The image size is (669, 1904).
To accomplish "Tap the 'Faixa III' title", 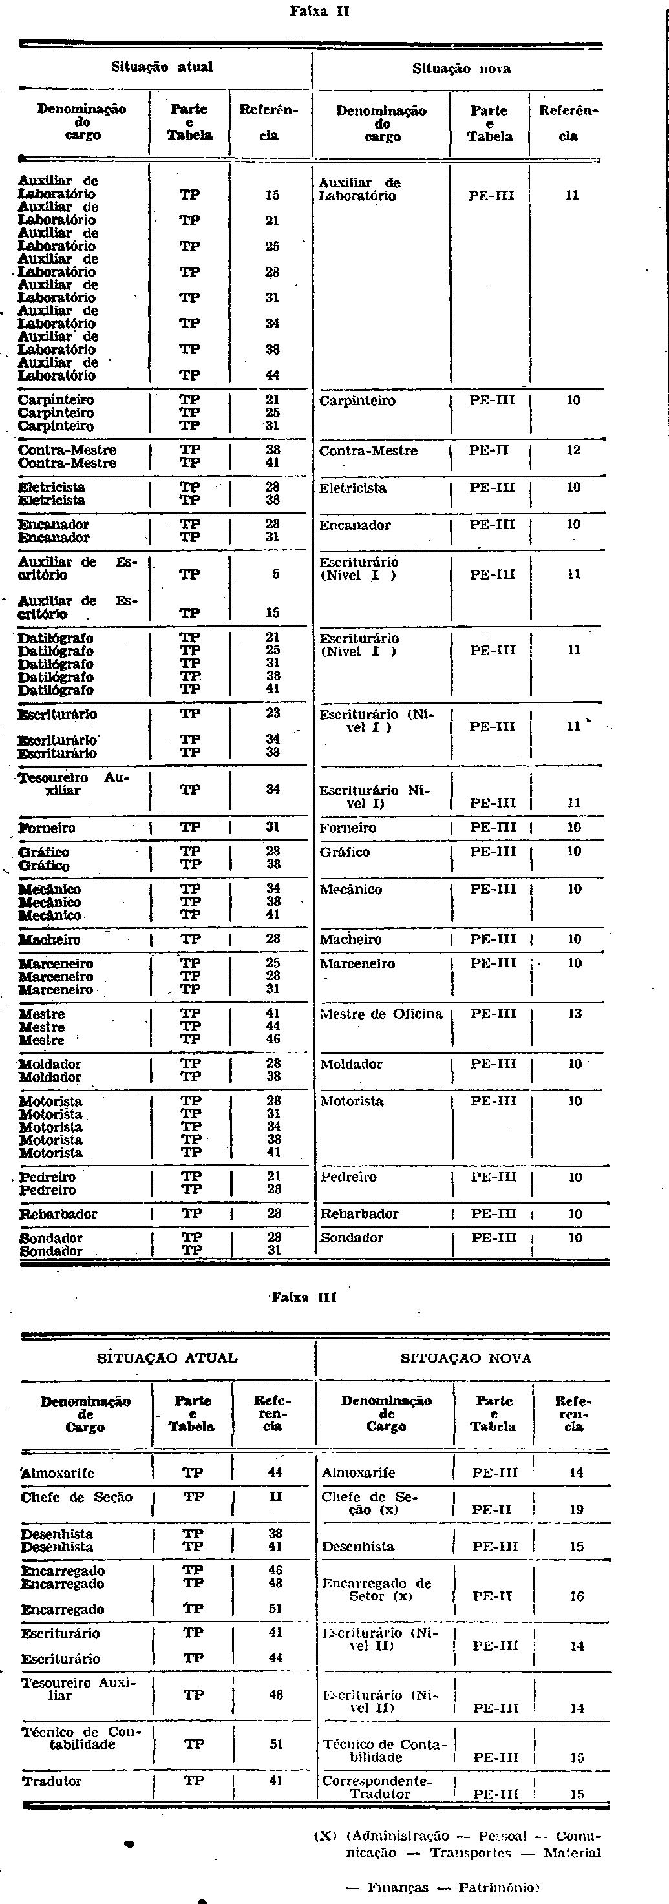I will [304, 1297].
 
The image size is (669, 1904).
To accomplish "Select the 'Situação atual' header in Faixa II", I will [162, 67].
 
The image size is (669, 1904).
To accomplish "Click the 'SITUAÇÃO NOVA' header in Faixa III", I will [465, 1359].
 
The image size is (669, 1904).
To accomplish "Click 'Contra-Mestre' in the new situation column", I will [368, 451].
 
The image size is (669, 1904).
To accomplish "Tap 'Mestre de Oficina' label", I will [381, 1014].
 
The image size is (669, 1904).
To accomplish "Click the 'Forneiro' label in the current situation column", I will [47, 828].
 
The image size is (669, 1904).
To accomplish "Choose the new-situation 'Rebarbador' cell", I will [359, 1213].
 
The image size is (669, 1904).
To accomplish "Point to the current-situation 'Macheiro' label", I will [50, 939].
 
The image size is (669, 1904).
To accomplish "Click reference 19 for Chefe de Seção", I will [577, 1510].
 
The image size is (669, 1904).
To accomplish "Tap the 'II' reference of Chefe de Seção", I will [275, 1497].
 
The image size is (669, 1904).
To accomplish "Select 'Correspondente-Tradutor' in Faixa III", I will [377, 1787].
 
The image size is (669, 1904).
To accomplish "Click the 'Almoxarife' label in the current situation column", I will [58, 1473].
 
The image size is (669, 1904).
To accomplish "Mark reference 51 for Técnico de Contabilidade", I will [276, 1744].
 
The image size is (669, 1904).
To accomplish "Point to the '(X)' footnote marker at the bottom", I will [325, 1836].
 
